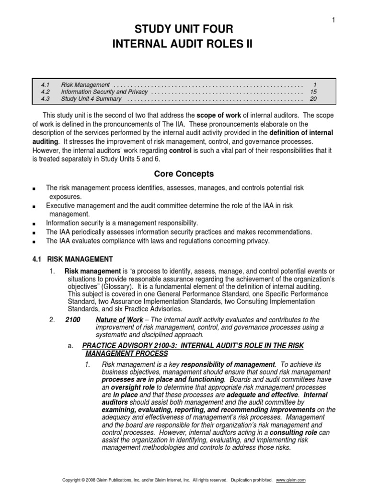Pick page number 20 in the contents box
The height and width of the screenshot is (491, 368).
313,99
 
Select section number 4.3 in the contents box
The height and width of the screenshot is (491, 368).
46,99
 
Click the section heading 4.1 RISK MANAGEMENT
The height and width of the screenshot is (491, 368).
72,259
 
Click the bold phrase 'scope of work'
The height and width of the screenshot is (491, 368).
218,116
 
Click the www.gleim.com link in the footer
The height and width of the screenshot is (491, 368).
291,480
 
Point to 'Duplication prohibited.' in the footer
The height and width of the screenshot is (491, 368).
253,480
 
